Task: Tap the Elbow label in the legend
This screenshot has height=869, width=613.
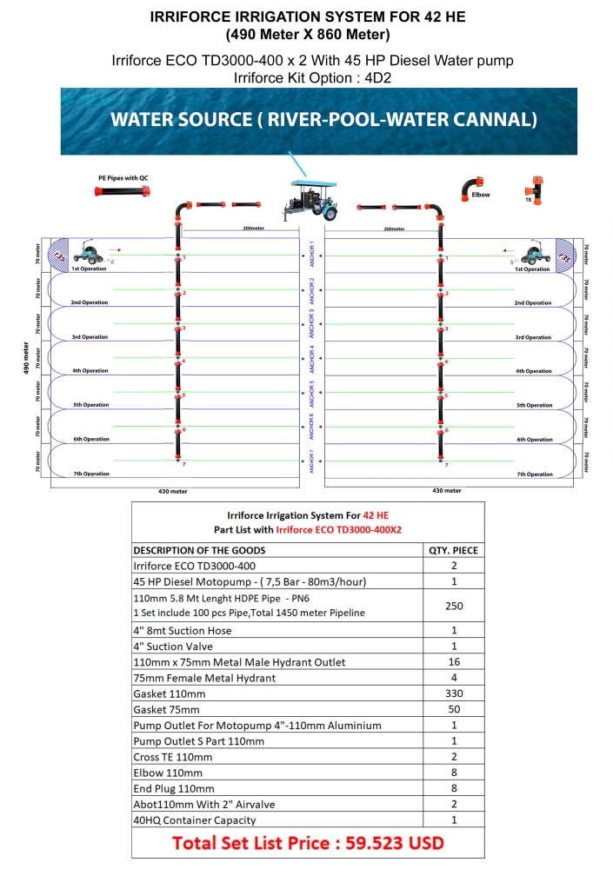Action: tap(480, 195)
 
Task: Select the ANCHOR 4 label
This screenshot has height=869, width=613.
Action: tap(311, 358)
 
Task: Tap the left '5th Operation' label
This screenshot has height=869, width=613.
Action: tap(90, 405)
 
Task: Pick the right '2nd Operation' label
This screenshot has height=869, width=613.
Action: tap(532, 303)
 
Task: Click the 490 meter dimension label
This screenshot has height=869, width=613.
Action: tap(25, 357)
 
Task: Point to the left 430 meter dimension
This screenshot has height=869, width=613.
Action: tap(173, 491)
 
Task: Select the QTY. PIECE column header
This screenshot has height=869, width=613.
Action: tap(453, 550)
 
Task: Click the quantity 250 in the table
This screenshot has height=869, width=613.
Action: tap(453, 605)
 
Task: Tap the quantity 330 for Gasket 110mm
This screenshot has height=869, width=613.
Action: tap(453, 693)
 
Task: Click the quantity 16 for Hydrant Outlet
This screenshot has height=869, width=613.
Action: tap(453, 662)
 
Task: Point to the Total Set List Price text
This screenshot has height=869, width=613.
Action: tap(307, 842)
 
